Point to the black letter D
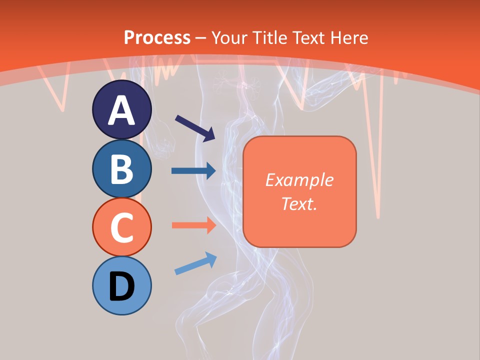pyautogui.click(x=121, y=286)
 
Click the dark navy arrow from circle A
pyautogui.click(x=195, y=127)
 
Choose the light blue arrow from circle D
pyautogui.click(x=195, y=263)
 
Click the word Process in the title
pyautogui.click(x=157, y=37)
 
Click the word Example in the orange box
pyautogui.click(x=299, y=180)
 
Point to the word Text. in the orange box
pyautogui.click(x=299, y=203)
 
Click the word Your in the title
pyautogui.click(x=230, y=37)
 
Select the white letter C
pyautogui.click(x=121, y=228)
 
